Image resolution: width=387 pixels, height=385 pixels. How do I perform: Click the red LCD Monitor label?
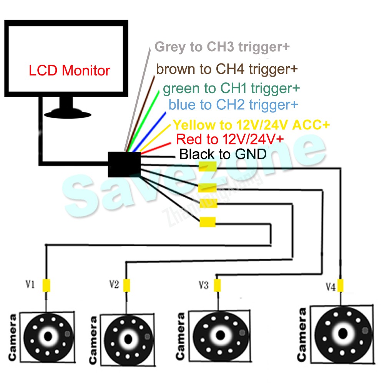coord(70,71)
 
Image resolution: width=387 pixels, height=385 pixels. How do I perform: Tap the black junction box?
coord(124,164)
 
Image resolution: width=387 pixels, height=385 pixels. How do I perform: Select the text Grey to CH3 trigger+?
coord(222,47)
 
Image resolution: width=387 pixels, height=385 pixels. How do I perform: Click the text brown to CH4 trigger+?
coord(227,69)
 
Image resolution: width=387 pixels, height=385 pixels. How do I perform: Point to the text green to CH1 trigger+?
coord(231,89)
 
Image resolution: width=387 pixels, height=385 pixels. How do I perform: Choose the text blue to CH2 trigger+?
coord(233,104)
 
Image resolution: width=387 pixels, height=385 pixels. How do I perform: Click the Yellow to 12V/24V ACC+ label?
coord(251,125)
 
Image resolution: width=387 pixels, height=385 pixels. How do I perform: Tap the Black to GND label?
coord(223,154)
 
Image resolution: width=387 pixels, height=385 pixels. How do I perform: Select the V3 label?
coord(204,285)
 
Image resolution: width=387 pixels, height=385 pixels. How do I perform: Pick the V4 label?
coord(331,286)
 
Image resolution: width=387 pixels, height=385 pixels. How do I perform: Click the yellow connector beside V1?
coord(47,285)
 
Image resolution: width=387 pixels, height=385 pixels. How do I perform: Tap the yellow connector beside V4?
coord(340,285)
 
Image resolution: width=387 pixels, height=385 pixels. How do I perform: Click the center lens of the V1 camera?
coord(48,336)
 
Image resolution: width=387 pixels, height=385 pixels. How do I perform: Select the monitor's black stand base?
coord(66,112)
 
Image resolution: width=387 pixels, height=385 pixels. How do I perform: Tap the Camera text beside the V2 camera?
coord(93,340)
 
